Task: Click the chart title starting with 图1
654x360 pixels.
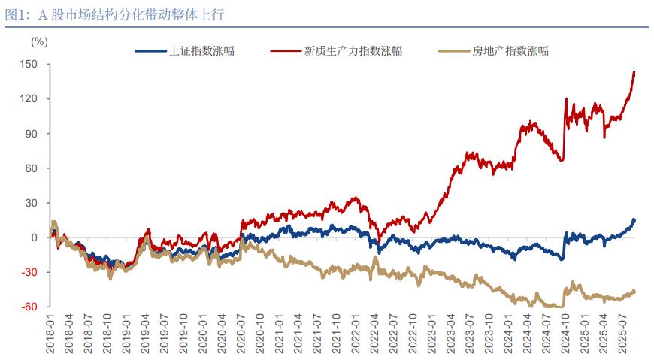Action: coord(114,14)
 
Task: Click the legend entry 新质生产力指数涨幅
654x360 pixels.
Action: coord(353,51)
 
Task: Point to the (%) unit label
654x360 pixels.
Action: coord(38,41)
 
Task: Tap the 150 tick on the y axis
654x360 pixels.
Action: coord(30,65)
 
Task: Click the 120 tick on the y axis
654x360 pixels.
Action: coord(30,99)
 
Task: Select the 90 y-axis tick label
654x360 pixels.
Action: coord(32,134)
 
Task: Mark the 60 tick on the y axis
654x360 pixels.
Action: coord(32,168)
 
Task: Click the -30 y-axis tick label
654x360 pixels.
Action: coord(31,272)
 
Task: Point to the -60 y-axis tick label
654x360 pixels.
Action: coord(31,307)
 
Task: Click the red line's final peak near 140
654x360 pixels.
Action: coord(634,72)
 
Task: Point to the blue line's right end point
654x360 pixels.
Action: coord(634,219)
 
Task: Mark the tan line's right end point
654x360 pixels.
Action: coord(634,291)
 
